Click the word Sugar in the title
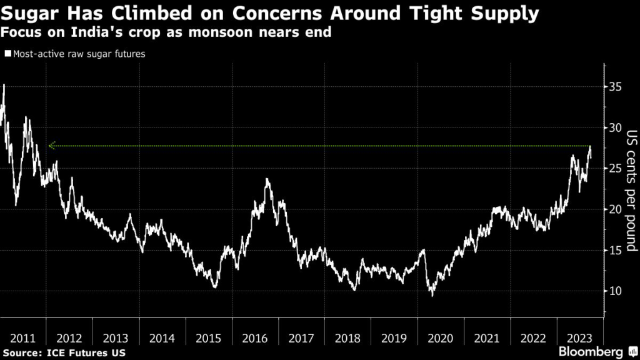click(27, 14)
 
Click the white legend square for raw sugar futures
click(7, 54)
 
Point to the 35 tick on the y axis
click(616, 86)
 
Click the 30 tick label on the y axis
click(616, 127)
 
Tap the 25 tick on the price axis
click(616, 168)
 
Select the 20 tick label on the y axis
click(616, 209)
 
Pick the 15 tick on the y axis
click(616, 250)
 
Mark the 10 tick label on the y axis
click(616, 291)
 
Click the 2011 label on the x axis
click(23, 339)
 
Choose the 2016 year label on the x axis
click(255, 339)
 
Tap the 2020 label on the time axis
click(441, 339)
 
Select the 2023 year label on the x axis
click(580, 339)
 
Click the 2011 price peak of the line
click(4, 84)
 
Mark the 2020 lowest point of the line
click(431, 295)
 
